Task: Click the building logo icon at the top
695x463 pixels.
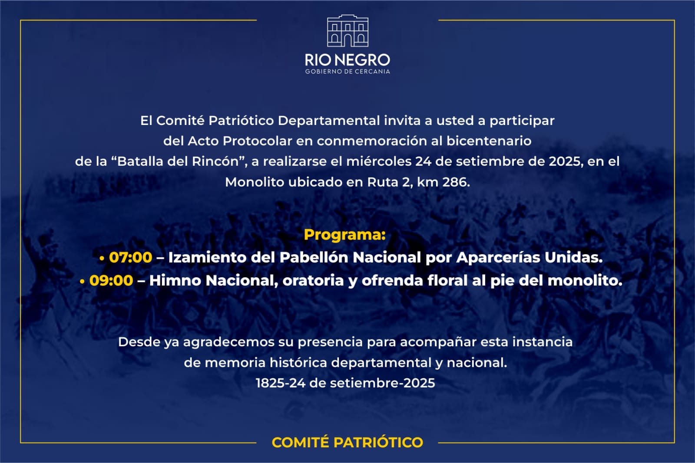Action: (x=348, y=31)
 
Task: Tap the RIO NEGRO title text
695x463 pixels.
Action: (x=347, y=60)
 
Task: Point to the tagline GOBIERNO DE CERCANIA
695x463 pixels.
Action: (x=347, y=72)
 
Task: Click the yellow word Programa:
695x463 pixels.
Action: (x=345, y=235)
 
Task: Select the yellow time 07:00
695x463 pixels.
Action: (x=131, y=257)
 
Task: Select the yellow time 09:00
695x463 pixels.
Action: (x=111, y=280)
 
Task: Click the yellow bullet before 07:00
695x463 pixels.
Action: (x=102, y=258)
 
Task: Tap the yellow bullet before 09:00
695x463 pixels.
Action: (x=82, y=281)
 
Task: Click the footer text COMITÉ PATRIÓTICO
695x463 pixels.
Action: (x=347, y=442)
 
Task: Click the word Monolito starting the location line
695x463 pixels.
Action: (x=255, y=182)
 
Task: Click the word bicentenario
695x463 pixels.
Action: (x=489, y=141)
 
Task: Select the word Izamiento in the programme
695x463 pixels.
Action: (x=207, y=257)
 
